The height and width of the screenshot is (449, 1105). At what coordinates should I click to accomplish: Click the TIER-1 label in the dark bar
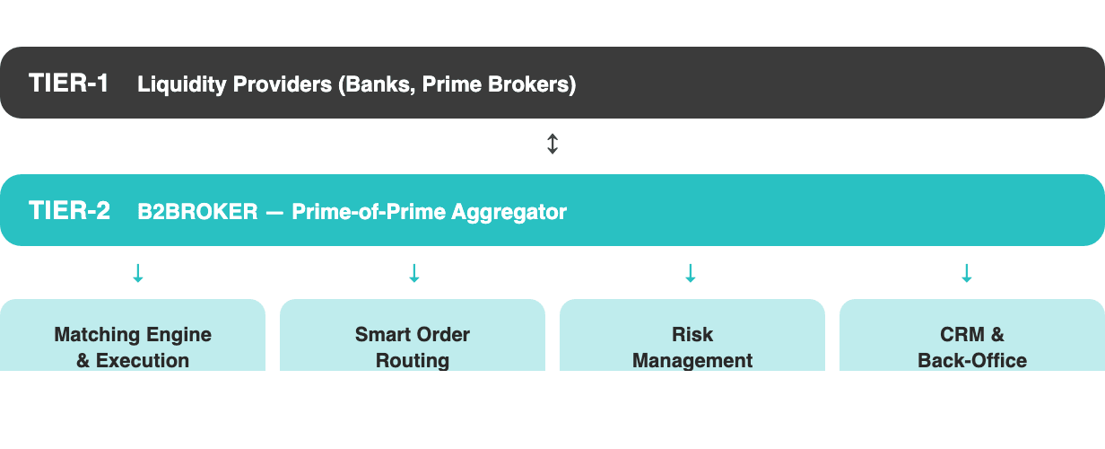(x=69, y=84)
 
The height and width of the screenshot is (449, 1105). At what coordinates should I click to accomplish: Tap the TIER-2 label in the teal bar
(x=69, y=211)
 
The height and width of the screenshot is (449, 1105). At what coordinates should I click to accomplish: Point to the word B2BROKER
(x=197, y=212)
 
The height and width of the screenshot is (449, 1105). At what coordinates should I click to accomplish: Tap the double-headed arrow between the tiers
(x=552, y=144)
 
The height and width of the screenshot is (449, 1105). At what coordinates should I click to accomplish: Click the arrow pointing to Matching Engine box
(x=138, y=273)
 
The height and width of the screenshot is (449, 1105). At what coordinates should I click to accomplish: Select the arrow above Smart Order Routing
(x=413, y=273)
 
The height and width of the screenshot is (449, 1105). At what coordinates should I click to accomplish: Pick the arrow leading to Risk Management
(x=690, y=273)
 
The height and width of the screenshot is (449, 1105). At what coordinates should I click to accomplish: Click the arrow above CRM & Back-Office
(x=966, y=273)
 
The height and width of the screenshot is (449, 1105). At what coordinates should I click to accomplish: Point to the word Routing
(x=413, y=361)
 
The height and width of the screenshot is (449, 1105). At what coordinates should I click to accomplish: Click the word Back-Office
(x=972, y=361)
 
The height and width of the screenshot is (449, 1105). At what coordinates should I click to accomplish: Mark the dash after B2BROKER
(x=275, y=212)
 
